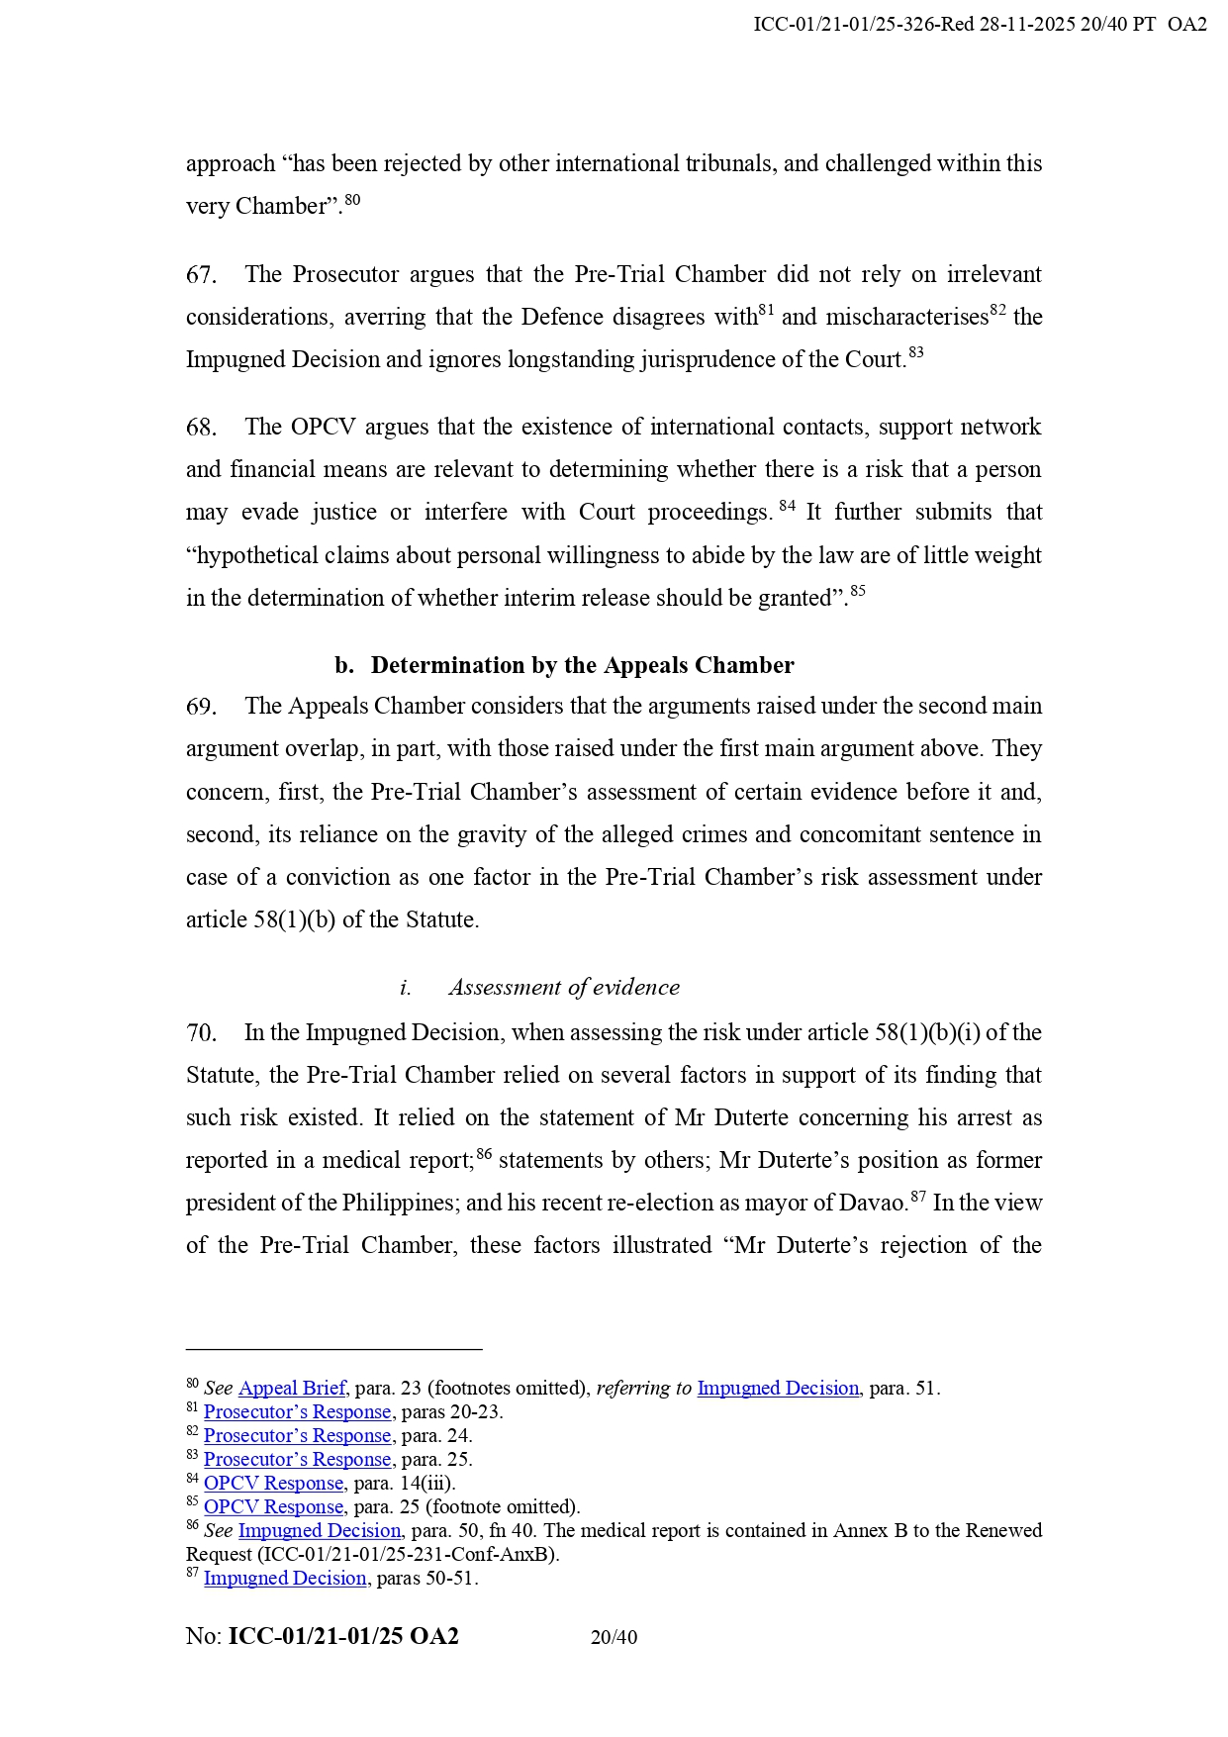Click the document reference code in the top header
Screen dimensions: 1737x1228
(x=980, y=25)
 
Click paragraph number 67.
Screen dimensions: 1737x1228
(x=201, y=275)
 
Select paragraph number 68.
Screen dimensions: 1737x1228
(x=201, y=428)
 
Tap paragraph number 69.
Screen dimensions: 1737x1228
(x=201, y=707)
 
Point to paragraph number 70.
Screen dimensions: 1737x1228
(x=201, y=1033)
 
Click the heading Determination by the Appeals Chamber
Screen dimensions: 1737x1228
(x=582, y=665)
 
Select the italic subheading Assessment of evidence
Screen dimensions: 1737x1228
(x=564, y=988)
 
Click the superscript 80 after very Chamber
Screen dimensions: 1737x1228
(x=352, y=200)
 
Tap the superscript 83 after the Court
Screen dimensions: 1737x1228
(x=916, y=352)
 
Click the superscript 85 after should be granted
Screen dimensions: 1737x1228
(x=858, y=591)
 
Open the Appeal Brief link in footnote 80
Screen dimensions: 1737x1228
(x=292, y=1388)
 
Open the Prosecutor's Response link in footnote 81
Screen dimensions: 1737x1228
(x=297, y=1411)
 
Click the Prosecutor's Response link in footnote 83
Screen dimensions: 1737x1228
(x=297, y=1459)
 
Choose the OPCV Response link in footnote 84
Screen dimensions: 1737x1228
(x=273, y=1483)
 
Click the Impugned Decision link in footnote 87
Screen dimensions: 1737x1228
(x=285, y=1578)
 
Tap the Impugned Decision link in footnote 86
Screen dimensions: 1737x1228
(x=320, y=1530)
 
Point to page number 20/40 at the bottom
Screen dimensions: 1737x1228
(x=614, y=1637)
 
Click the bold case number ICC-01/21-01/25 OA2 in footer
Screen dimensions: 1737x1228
(x=343, y=1636)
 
